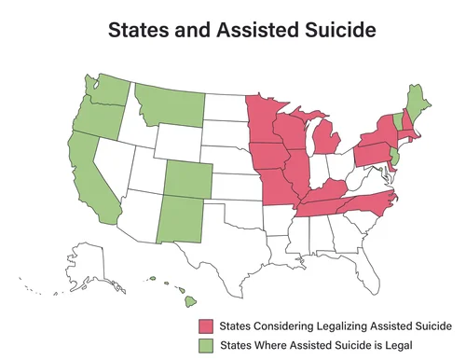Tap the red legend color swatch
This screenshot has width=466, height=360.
click(204, 325)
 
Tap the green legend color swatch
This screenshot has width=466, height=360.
click(204, 344)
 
